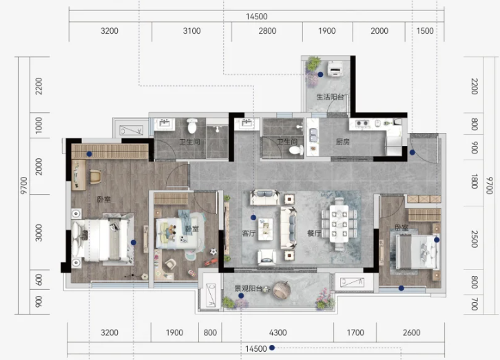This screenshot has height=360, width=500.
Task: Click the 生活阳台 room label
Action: pos(330,97)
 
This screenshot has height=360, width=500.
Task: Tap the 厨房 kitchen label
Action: pos(343,142)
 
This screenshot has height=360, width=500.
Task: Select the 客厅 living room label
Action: pos(249,233)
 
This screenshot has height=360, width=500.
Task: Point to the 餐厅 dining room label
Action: pos(314,233)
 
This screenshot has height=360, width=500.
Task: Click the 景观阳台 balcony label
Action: pos(249,288)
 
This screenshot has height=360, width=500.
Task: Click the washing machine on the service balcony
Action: pos(335,69)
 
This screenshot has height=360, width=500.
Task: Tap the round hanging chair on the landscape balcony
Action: pos(282,290)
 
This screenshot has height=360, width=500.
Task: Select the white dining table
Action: pos(339,224)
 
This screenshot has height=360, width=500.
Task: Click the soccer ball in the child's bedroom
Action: pos(213,252)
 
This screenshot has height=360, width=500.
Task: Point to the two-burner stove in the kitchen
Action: pos(362,123)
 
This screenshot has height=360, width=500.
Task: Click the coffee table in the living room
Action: pos(265,229)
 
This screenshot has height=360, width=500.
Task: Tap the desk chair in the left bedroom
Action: pos(95,176)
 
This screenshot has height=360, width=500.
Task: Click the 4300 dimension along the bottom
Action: pos(278,332)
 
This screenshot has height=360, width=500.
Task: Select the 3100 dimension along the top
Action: pos(191,31)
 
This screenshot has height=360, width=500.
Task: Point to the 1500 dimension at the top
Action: pos(425,31)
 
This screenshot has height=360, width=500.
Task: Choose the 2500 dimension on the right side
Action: pos(474,239)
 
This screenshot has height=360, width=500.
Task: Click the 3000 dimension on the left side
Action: pos(39,233)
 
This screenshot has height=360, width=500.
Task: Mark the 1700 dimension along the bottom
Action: pos(355,332)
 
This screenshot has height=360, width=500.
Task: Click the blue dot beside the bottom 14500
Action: pos(272,348)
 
